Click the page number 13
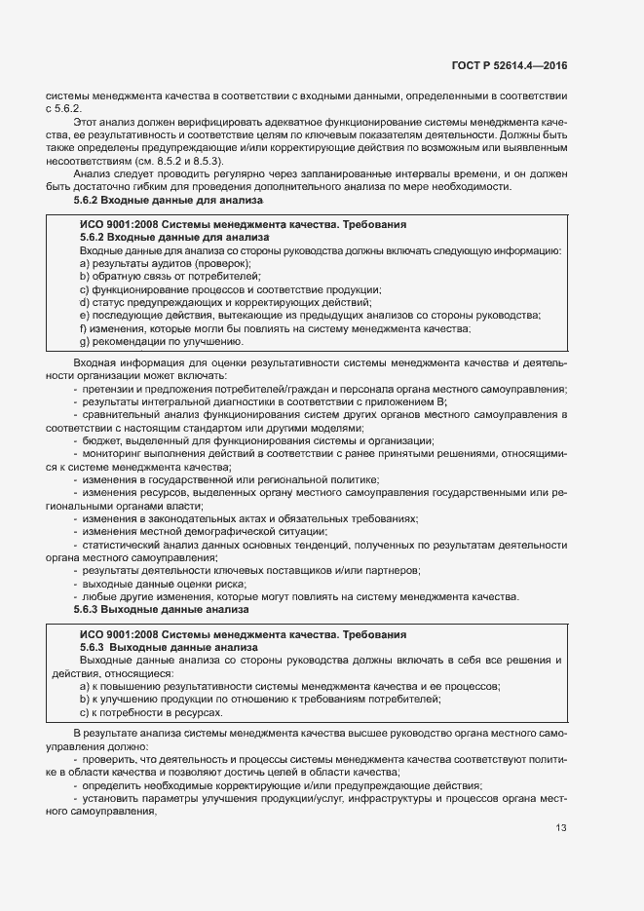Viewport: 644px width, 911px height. coord(560,828)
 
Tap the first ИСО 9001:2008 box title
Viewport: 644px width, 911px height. coord(243,225)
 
